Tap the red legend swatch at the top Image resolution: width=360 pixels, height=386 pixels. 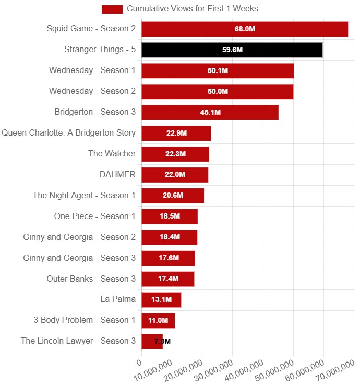pos(112,9)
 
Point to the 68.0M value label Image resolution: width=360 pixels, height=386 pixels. pos(244,29)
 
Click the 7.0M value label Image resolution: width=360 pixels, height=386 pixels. pos(162,342)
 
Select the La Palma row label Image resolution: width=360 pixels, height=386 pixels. pos(118,299)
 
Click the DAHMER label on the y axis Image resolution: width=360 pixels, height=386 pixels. pos(117,174)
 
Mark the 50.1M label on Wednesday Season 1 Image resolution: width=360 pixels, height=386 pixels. pos(218,71)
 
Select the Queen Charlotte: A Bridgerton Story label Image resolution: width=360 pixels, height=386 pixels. pos(69,132)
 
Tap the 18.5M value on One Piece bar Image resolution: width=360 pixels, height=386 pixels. pos(170,216)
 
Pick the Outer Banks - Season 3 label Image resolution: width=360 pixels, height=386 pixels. pos(91,279)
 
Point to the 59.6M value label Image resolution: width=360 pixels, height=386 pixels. pos(232,50)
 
